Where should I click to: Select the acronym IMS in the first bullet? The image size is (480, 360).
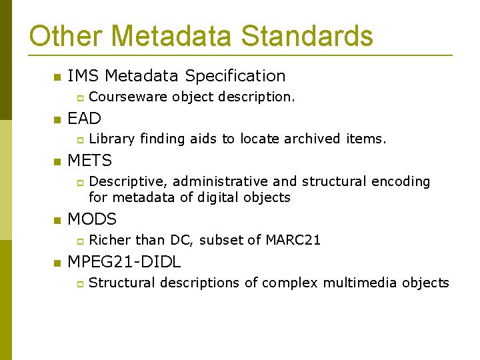pos(84,76)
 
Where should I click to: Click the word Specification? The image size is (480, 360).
pos(235,76)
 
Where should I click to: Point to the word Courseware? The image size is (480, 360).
pos(128,97)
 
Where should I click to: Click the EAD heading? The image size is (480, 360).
pos(84,119)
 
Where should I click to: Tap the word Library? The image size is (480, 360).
pos(112,139)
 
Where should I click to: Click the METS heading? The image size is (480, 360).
pos(90,161)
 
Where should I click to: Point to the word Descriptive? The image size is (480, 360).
pos(127,181)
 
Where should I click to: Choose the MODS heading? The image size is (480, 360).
pos(92,219)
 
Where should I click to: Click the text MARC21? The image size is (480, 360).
pos(293,240)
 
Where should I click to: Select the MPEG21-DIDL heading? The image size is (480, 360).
pos(124,261)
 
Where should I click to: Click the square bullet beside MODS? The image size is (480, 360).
pos(57,220)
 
